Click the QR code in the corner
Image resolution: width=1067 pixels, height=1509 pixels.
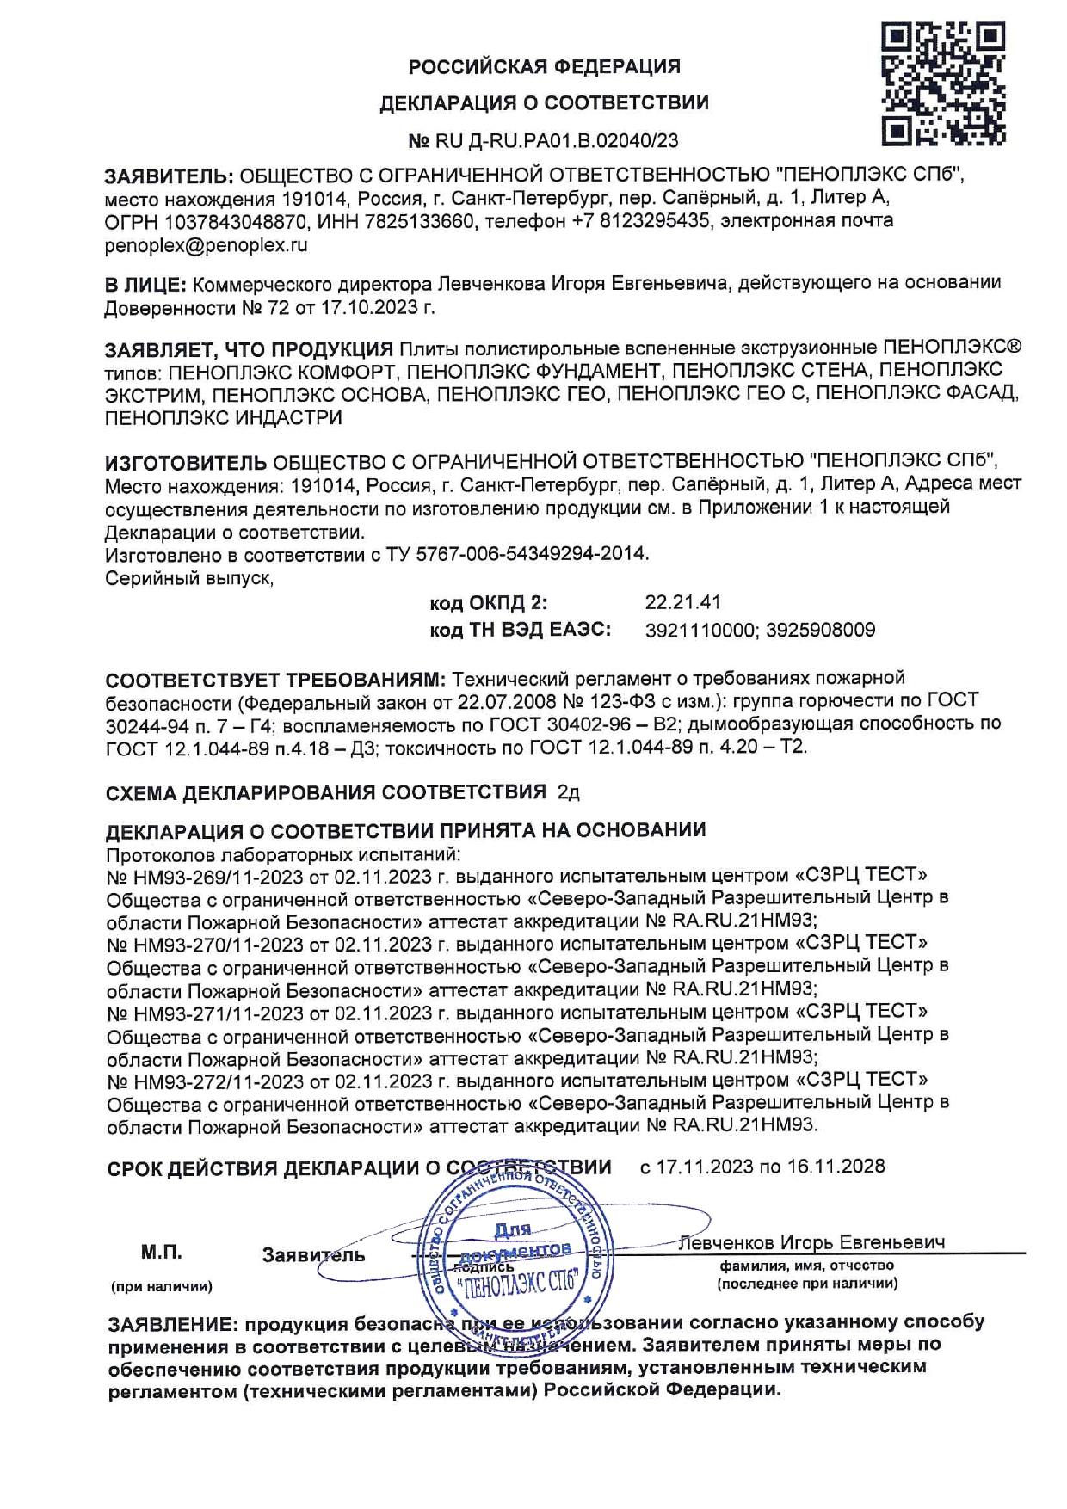(x=943, y=83)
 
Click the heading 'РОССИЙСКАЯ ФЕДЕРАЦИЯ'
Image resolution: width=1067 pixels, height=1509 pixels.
(x=544, y=66)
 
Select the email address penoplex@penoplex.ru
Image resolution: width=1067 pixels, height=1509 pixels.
(x=206, y=244)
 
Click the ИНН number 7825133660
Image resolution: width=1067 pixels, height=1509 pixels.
(x=411, y=221)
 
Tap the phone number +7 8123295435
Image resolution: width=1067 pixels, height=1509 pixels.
(x=642, y=221)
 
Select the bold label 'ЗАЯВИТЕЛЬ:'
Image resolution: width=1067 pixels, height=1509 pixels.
(x=168, y=176)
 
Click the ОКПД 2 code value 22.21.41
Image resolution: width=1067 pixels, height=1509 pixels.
(x=682, y=602)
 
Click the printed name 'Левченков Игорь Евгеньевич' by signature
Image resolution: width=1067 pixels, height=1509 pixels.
(x=811, y=1242)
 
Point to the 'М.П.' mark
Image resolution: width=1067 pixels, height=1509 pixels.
(x=161, y=1253)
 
